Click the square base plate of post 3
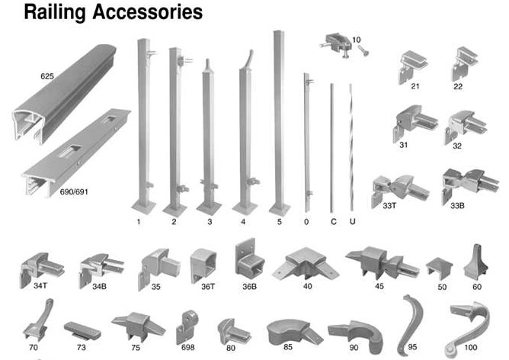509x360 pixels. pyautogui.click(x=209, y=207)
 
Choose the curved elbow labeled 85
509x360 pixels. pyautogui.click(x=287, y=331)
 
